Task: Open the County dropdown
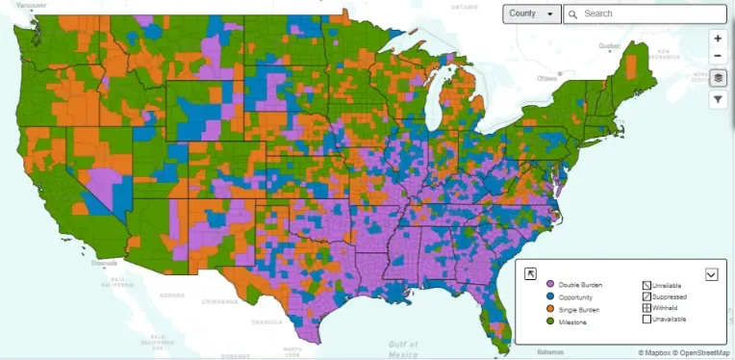point(532,14)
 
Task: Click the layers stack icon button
point(718,78)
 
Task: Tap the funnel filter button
point(718,99)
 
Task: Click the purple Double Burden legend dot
point(550,286)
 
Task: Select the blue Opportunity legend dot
point(550,298)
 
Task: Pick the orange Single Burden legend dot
point(550,310)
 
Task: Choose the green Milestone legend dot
point(550,322)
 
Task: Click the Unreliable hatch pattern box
point(646,285)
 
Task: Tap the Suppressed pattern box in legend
point(646,297)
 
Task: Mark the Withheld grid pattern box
point(646,309)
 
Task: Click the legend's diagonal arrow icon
point(529,273)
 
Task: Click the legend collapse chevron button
point(711,273)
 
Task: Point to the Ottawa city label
point(547,77)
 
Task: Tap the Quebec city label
point(610,45)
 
